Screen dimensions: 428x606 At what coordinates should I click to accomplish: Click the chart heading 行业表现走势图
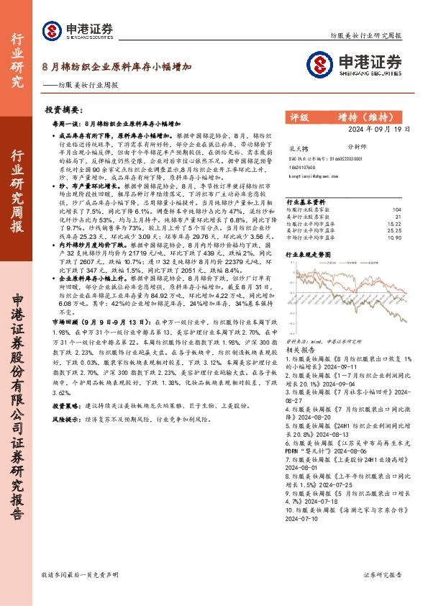pyautogui.click(x=310, y=254)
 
